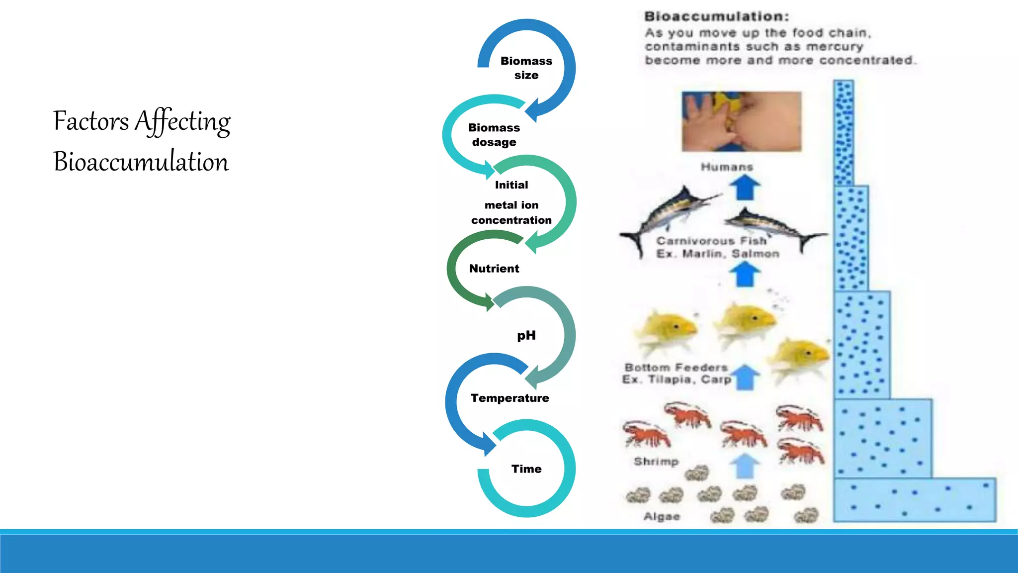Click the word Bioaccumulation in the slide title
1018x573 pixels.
click(141, 162)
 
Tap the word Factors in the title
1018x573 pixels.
click(91, 121)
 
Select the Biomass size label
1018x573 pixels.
click(526, 68)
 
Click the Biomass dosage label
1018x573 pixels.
click(494, 135)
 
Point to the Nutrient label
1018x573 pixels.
click(494, 269)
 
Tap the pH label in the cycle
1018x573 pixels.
click(526, 336)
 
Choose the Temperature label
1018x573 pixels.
click(509, 398)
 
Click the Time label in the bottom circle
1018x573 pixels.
click(526, 469)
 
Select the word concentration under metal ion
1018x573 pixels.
click(511, 220)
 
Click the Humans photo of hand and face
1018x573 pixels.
click(741, 121)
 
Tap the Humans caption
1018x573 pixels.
click(727, 167)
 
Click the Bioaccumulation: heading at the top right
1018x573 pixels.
click(716, 16)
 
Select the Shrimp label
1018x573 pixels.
click(656, 462)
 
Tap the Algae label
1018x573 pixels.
click(662, 517)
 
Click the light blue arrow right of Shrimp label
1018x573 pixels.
click(745, 466)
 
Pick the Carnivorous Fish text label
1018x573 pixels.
click(711, 241)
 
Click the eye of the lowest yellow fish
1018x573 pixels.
click(809, 353)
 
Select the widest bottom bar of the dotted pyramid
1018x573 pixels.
click(915, 499)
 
